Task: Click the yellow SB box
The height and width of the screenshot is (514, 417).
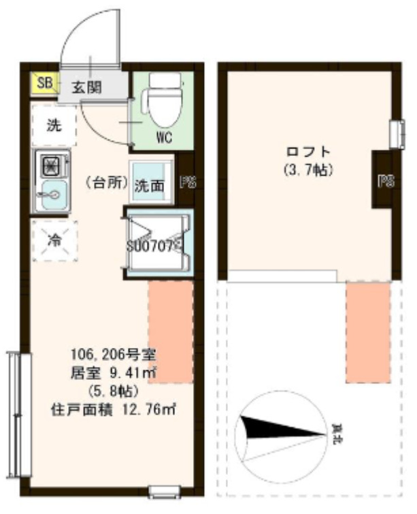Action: point(45,83)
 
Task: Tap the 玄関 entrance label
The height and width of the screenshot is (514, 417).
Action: point(87,86)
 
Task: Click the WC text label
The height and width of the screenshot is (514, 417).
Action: point(163,137)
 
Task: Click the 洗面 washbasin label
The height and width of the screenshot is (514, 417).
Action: point(150,184)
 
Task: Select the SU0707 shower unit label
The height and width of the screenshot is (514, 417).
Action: point(153,244)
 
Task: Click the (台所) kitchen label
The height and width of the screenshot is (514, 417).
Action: point(106,182)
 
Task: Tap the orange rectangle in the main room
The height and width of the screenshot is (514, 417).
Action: point(171,332)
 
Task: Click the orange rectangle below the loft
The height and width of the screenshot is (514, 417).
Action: point(368,332)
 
